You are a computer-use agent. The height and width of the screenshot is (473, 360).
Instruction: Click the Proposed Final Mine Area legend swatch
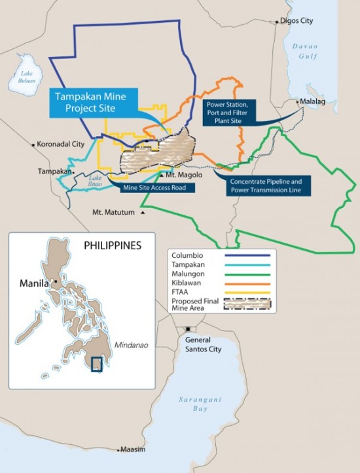pyautogui.click(x=245, y=304)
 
